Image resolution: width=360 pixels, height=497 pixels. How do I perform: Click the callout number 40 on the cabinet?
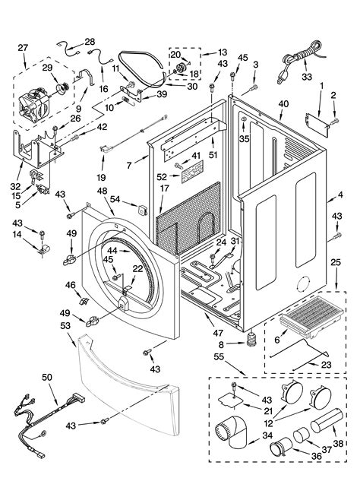click(x=283, y=104)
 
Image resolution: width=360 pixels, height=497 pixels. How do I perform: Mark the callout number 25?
click(x=335, y=263)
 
